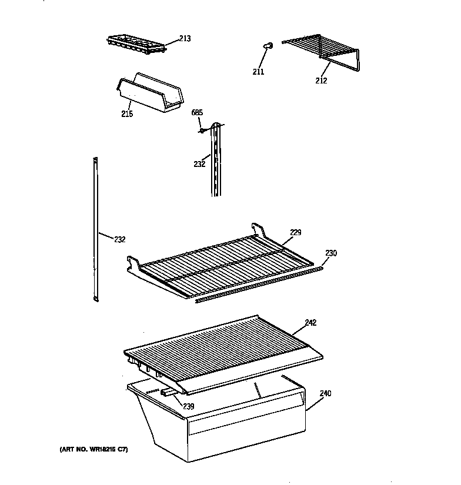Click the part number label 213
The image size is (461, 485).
point(185,39)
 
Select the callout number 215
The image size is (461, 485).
point(126,113)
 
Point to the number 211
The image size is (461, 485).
point(258,72)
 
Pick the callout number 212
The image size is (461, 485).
point(320,81)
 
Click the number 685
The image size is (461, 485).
point(196,112)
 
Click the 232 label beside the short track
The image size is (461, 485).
point(199,164)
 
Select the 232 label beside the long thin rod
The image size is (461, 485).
point(119,239)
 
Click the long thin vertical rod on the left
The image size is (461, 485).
point(94,229)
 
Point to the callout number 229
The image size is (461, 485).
point(295,232)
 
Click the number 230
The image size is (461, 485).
point(331,253)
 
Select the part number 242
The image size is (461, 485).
point(310,322)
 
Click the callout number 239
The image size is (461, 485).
point(188,406)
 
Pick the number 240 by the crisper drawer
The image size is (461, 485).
point(325,393)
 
